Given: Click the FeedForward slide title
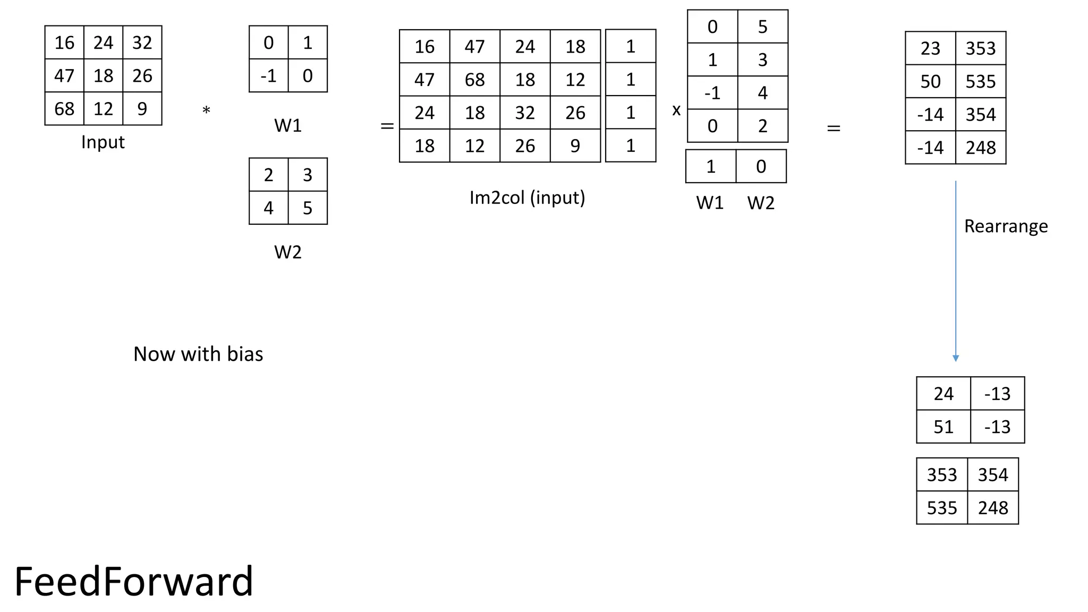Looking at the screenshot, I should tap(133, 581).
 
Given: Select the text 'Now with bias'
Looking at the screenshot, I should tap(198, 354).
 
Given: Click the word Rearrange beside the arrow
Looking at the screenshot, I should tap(1006, 226).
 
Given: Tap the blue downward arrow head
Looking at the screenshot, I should tap(956, 359).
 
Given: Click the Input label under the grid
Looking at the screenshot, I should tap(103, 142).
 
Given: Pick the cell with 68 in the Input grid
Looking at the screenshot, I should tap(64, 109).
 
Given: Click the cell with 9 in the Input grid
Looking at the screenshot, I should tap(142, 109).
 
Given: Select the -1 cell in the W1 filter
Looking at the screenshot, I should tap(268, 76).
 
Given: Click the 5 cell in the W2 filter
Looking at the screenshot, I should tap(308, 208).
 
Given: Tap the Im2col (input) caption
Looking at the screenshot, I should tap(527, 198).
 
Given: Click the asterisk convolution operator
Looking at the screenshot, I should tap(206, 111).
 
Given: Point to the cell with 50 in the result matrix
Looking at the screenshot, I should tap(930, 82).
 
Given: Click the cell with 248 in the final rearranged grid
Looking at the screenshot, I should tap(992, 508).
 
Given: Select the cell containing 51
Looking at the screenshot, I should tap(943, 427).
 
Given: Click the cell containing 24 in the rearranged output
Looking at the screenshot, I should tap(943, 394).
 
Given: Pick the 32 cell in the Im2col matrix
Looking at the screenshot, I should tap(525, 113).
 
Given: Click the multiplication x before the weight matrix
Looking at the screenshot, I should tap(676, 110).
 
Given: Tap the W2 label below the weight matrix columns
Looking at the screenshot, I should tap(761, 203).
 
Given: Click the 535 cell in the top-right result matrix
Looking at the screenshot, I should tap(981, 82).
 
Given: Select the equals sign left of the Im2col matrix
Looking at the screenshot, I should tap(387, 126).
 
